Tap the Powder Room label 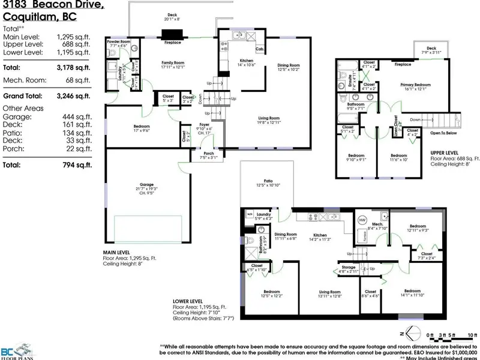(x=118, y=41)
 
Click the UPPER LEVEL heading (x=445, y=153)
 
